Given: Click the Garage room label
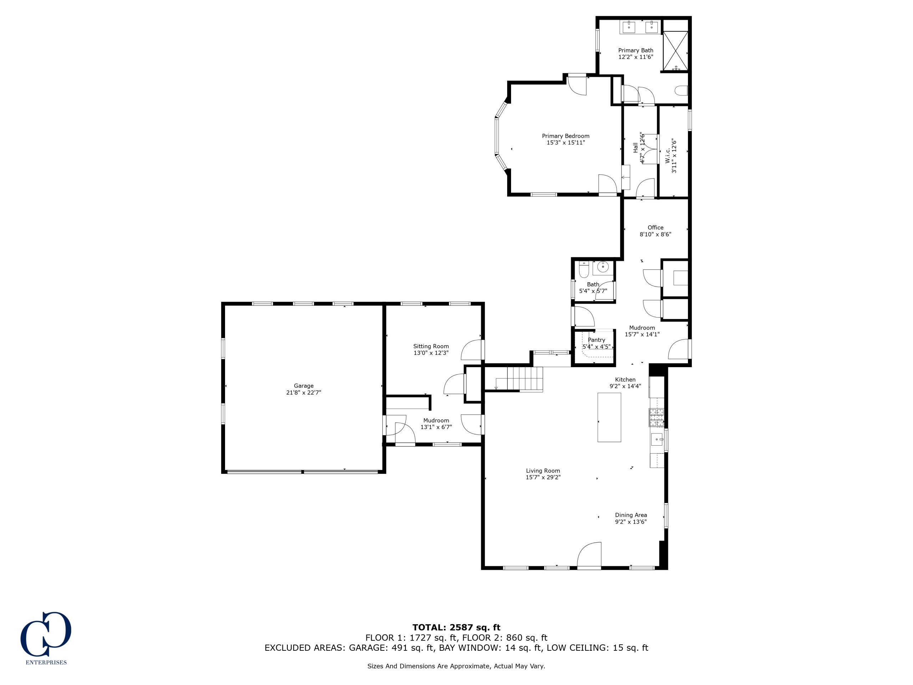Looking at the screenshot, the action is [x=304, y=386].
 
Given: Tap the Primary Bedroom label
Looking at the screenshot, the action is [x=566, y=136].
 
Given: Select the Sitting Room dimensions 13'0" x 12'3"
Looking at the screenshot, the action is [x=431, y=353].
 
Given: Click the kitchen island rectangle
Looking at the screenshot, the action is [x=609, y=417].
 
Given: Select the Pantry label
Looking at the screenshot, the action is [x=596, y=340].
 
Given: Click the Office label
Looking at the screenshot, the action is [x=656, y=228].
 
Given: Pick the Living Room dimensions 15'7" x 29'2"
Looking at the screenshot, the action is [x=543, y=477].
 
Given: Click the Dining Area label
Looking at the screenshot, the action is [x=631, y=515].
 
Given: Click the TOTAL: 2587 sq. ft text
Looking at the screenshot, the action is [x=456, y=628].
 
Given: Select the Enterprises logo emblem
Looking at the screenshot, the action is [x=46, y=634].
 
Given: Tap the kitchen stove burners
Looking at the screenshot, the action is [x=656, y=417].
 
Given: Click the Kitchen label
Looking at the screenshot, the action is [x=625, y=380].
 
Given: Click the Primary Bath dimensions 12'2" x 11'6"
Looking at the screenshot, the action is [x=636, y=57].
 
